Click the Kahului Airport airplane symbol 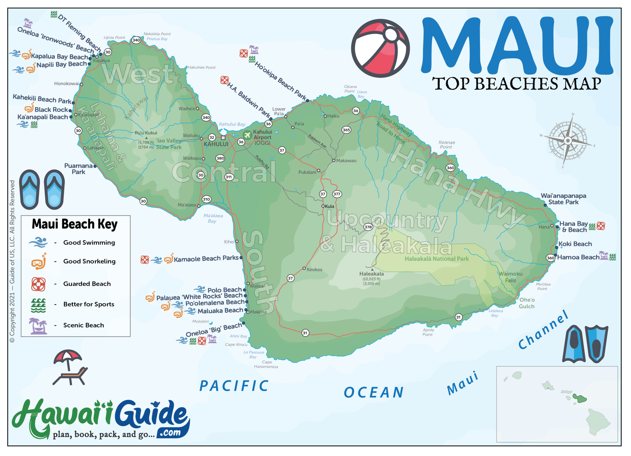point(247,135)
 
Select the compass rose point(567,141)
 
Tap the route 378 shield point(368,227)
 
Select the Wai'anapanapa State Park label point(563,199)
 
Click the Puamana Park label point(78,169)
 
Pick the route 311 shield point(228,177)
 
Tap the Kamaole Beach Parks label point(206,259)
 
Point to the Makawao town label point(346,161)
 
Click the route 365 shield point(346,130)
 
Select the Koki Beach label point(575,244)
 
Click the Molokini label point(200,321)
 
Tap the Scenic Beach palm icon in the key point(38,326)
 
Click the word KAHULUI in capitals point(216,144)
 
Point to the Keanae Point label point(447,145)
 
